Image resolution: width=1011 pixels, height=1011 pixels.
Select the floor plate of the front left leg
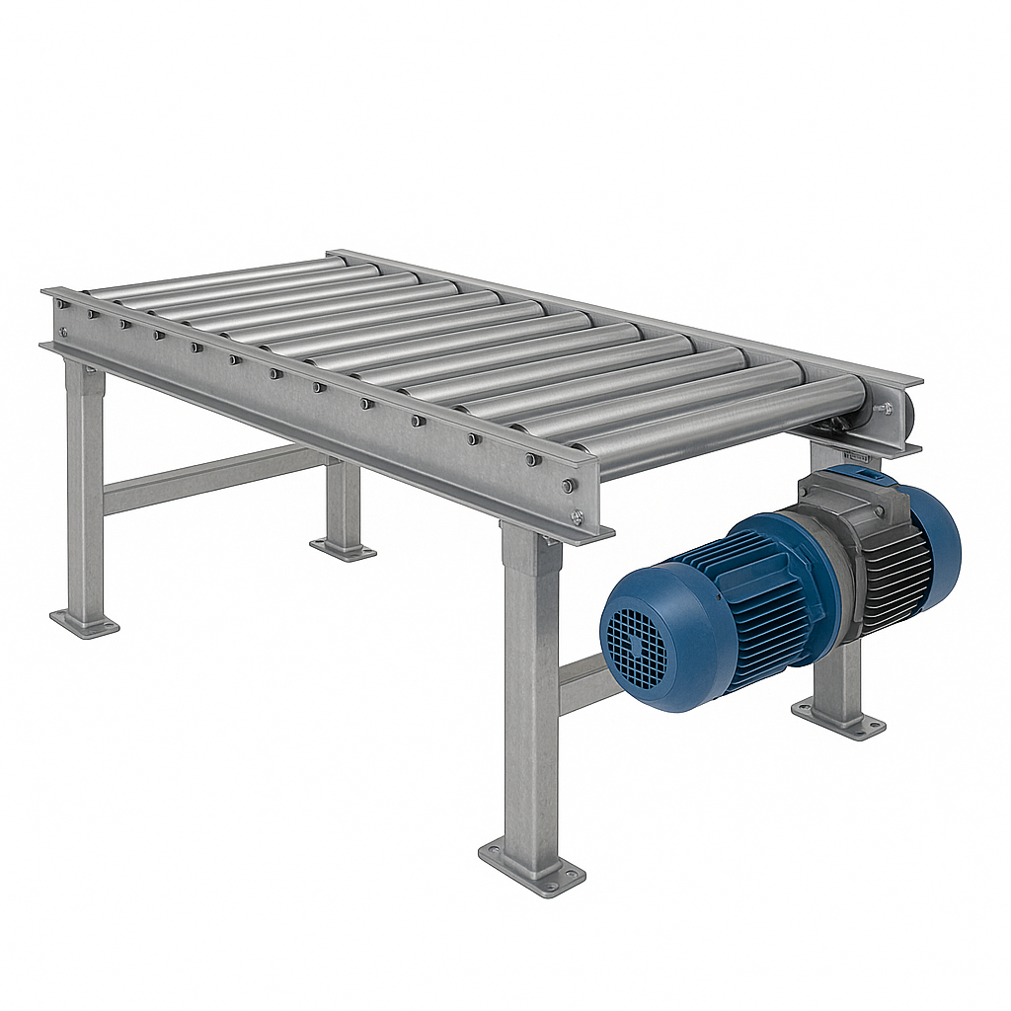coord(85,623)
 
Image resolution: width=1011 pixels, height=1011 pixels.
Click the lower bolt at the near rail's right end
coord(577,515)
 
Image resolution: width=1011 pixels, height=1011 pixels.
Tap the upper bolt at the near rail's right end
coord(569,485)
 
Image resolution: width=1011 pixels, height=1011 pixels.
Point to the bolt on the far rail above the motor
coord(883,407)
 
